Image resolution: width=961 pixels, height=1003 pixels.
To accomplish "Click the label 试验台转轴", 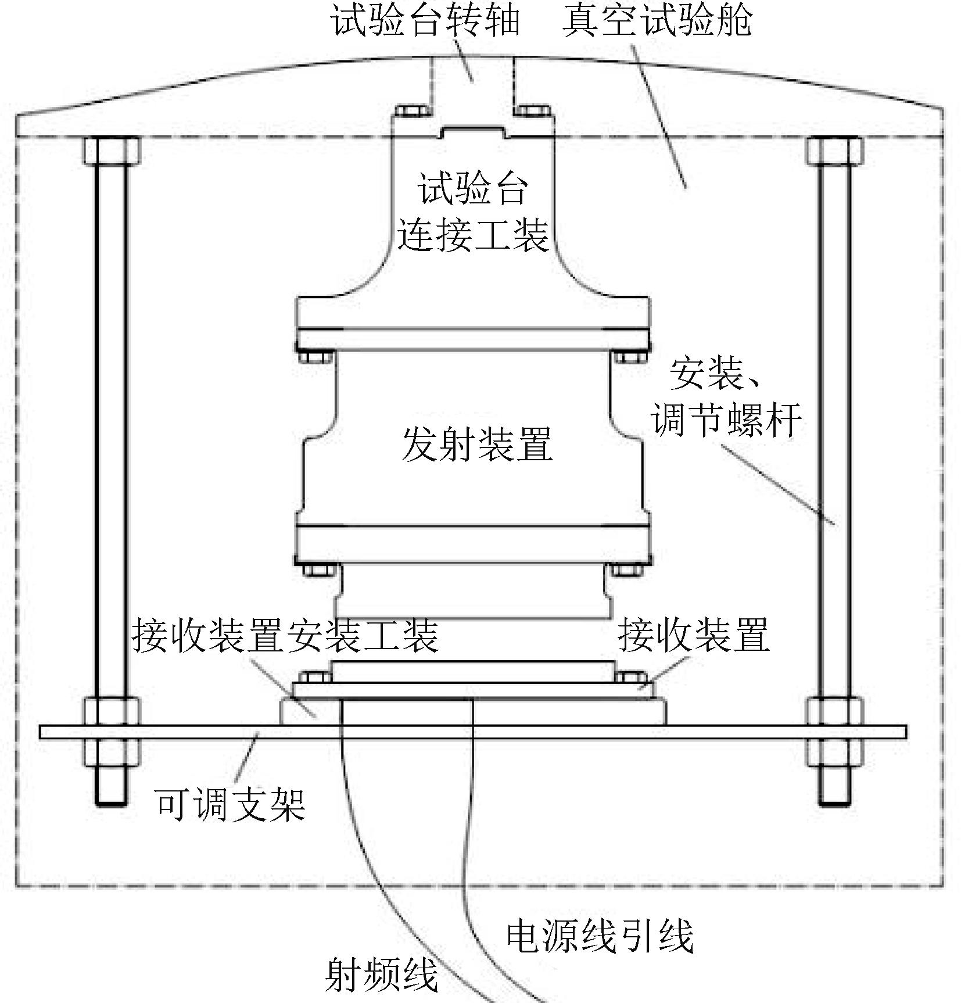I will pos(425,21).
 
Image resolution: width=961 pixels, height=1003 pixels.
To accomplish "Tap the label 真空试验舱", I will pos(657,21).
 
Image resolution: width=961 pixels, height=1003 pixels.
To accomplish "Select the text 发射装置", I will pos(476,444).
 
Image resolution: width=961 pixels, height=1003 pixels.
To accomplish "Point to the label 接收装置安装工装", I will pos(285,635).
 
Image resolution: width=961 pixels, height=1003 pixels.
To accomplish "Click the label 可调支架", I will pos(230,804).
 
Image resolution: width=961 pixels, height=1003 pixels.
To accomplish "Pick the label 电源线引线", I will pos(600,935).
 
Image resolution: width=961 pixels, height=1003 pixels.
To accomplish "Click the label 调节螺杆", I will pos(726,419).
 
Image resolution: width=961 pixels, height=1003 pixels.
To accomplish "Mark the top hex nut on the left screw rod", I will pos(112,151).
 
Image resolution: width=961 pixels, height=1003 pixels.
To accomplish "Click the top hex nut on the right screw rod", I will pos(834,151).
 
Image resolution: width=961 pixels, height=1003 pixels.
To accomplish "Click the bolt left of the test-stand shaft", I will pos(411,112).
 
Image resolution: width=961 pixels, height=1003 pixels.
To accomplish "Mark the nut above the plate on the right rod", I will pos(834,712).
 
